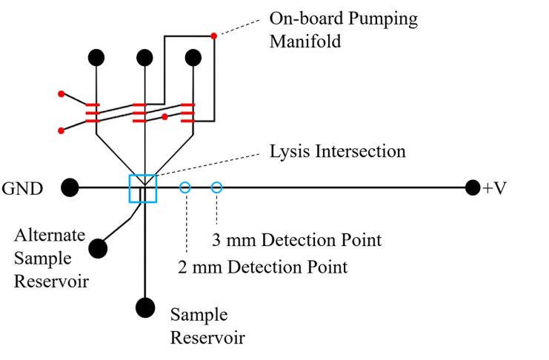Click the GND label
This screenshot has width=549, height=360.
pos(22,188)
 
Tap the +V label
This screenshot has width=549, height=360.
pos(494,188)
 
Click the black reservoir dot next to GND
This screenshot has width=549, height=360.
pos(70,187)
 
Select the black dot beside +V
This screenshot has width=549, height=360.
pos(473,187)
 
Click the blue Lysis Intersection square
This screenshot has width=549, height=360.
pos(130,188)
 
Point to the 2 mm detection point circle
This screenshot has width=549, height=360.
pos(185,182)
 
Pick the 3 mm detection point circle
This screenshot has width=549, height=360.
pos(217,182)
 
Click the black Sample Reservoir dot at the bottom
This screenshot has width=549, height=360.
pos(145,307)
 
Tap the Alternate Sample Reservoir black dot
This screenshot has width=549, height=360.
pos(98,249)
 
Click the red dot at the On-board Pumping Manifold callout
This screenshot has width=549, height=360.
pos(213,36)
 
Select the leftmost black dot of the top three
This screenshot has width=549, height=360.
pos(96,58)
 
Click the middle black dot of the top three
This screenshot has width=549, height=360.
pos(144,58)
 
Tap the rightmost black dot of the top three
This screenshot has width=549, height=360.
pos(193,58)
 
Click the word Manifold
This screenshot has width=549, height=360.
pos(305,41)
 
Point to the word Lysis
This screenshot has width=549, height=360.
pos(289,152)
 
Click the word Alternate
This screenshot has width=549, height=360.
pos(50,235)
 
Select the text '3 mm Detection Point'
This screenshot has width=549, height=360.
pos(296,240)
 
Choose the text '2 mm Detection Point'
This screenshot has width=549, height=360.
pos(262,267)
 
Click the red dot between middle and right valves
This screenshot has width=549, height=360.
pos(164,116)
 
